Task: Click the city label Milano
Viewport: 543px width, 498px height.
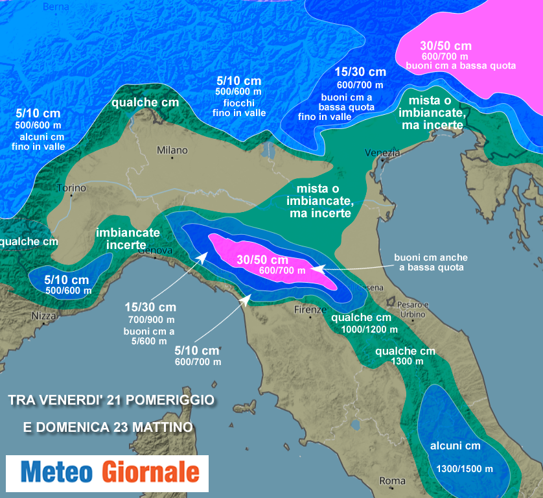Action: (x=172, y=150)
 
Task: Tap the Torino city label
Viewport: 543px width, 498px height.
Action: (x=71, y=189)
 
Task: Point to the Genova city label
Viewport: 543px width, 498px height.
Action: (x=155, y=250)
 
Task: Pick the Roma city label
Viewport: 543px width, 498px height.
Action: (x=392, y=481)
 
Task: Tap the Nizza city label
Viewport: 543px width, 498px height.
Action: (x=44, y=316)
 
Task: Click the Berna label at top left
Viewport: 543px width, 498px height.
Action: (x=55, y=6)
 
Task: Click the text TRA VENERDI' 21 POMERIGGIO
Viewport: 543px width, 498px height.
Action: (x=111, y=400)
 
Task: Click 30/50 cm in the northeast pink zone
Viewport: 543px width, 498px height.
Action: (x=445, y=46)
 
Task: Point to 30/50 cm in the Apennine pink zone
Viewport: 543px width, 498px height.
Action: (x=262, y=259)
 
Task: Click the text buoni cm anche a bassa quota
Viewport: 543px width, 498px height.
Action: (x=431, y=262)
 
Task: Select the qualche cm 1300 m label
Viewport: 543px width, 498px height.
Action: (x=405, y=356)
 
